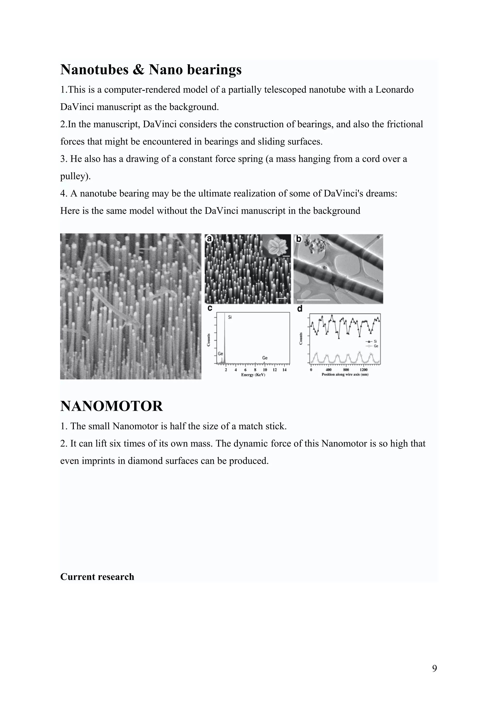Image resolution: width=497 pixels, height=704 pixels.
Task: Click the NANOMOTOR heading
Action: tap(111, 406)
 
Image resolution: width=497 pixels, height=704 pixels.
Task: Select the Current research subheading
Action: tap(97, 577)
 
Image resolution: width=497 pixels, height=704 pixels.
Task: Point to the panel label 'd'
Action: tap(299, 309)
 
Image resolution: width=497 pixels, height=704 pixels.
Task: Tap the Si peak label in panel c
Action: tap(230, 317)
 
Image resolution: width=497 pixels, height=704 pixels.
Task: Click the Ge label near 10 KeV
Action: tap(265, 358)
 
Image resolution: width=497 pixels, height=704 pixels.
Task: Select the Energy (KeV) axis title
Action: tap(253, 375)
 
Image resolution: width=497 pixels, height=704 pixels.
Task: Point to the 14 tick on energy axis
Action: tap(284, 370)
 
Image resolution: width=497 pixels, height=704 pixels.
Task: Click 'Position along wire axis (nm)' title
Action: tap(345, 375)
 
